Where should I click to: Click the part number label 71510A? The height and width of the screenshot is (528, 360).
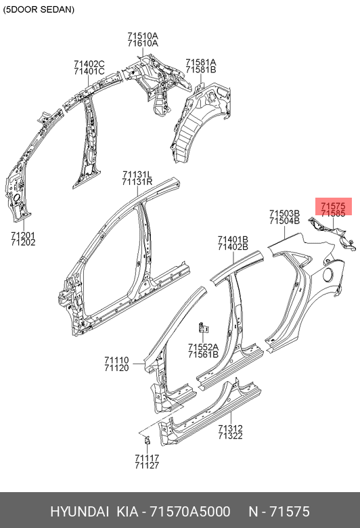pyautogui.click(x=143, y=36)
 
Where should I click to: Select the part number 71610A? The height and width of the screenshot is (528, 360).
pyautogui.click(x=143, y=43)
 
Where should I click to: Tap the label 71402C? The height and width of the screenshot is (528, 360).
pyautogui.click(x=89, y=64)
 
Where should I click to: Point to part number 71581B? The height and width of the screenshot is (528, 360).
pyautogui.click(x=201, y=70)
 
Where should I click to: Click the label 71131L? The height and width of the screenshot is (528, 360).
pyautogui.click(x=137, y=175)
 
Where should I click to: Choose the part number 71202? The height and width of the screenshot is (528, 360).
pyautogui.click(x=23, y=242)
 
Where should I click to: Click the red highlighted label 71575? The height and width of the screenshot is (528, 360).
pyautogui.click(x=333, y=206)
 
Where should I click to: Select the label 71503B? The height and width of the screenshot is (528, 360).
pyautogui.click(x=284, y=213)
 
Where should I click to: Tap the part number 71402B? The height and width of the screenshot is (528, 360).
pyautogui.click(x=233, y=247)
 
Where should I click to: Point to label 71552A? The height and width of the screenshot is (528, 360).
pyautogui.click(x=203, y=347)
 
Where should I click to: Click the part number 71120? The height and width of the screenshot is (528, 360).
pyautogui.click(x=116, y=368)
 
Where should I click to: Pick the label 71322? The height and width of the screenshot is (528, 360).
pyautogui.click(x=230, y=436)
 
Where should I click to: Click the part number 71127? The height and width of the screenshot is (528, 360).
pyautogui.click(x=147, y=465)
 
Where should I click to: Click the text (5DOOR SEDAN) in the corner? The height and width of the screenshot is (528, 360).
pyautogui.click(x=39, y=9)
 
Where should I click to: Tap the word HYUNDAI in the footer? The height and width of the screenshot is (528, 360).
pyautogui.click(x=79, y=512)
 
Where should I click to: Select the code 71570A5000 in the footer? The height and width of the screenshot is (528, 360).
pyautogui.click(x=190, y=512)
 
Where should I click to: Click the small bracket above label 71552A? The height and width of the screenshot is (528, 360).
pyautogui.click(x=203, y=328)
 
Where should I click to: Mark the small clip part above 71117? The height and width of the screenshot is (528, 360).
pyautogui.click(x=147, y=440)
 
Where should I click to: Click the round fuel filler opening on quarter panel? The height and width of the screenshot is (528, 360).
pyautogui.click(x=329, y=274)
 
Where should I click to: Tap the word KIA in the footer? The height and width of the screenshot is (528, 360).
pyautogui.click(x=127, y=512)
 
